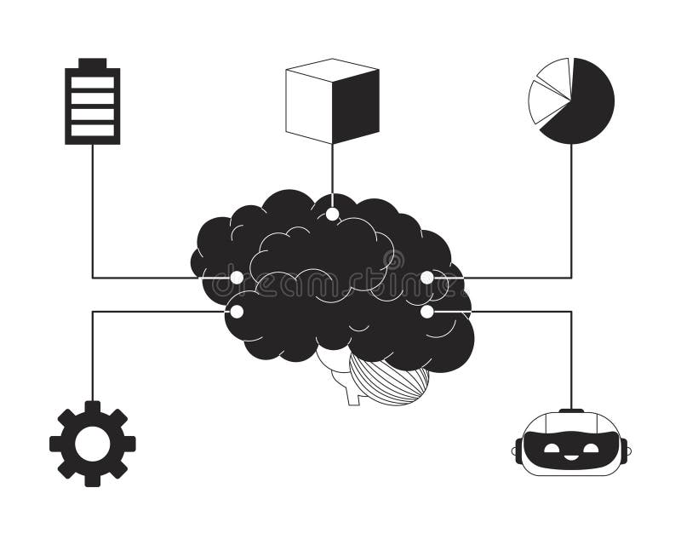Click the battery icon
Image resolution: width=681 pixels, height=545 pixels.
(x=92, y=102)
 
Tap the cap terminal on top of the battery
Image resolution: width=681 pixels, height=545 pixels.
(x=92, y=63)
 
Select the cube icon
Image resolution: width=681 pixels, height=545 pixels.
(x=332, y=100)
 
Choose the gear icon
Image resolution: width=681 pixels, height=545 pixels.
(x=92, y=444)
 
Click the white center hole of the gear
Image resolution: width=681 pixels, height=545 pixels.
(x=92, y=444)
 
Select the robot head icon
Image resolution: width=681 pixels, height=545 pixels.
(x=570, y=443)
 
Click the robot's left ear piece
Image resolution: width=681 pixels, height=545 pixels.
(x=517, y=449)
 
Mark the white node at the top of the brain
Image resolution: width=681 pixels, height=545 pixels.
(x=332, y=214)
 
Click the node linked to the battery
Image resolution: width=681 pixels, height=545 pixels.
(x=237, y=278)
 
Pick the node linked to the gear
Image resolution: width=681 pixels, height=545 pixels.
(x=237, y=312)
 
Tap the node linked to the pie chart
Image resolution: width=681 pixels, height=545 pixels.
(x=426, y=278)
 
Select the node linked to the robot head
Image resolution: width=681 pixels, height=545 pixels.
(x=426, y=312)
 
